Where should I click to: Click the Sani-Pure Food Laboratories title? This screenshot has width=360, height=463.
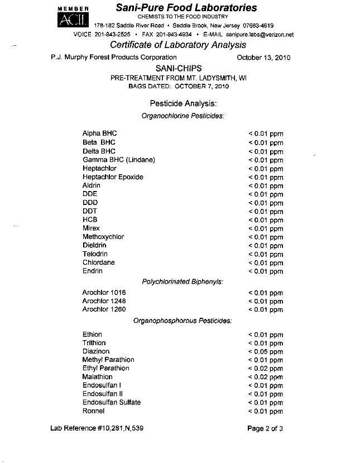pos(186,8)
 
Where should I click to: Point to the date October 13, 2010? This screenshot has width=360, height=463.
pos(263,58)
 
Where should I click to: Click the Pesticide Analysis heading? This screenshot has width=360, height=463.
pos(183,103)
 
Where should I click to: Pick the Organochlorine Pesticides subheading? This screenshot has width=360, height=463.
pos(183,116)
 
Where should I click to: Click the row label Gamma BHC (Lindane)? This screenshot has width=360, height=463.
pos(118,160)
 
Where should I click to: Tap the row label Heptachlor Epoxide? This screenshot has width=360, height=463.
pos(113,177)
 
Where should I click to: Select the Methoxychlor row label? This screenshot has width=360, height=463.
pos(103,237)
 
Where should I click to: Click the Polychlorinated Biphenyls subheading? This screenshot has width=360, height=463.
pos(183,281)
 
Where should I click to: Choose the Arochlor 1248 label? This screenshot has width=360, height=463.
pos(104,301)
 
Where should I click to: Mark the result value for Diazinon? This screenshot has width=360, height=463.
pos(266,352)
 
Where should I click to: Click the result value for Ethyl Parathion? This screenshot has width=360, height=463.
pos(266,369)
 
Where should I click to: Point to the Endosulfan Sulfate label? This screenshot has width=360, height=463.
pos(112,402)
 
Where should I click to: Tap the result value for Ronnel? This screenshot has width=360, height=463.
pos(266,412)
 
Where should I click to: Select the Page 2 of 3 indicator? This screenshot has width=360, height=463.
pos(265,428)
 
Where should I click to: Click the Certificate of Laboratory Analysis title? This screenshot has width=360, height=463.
pos(178,45)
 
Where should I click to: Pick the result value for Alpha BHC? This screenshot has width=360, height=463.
pos(266,134)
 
